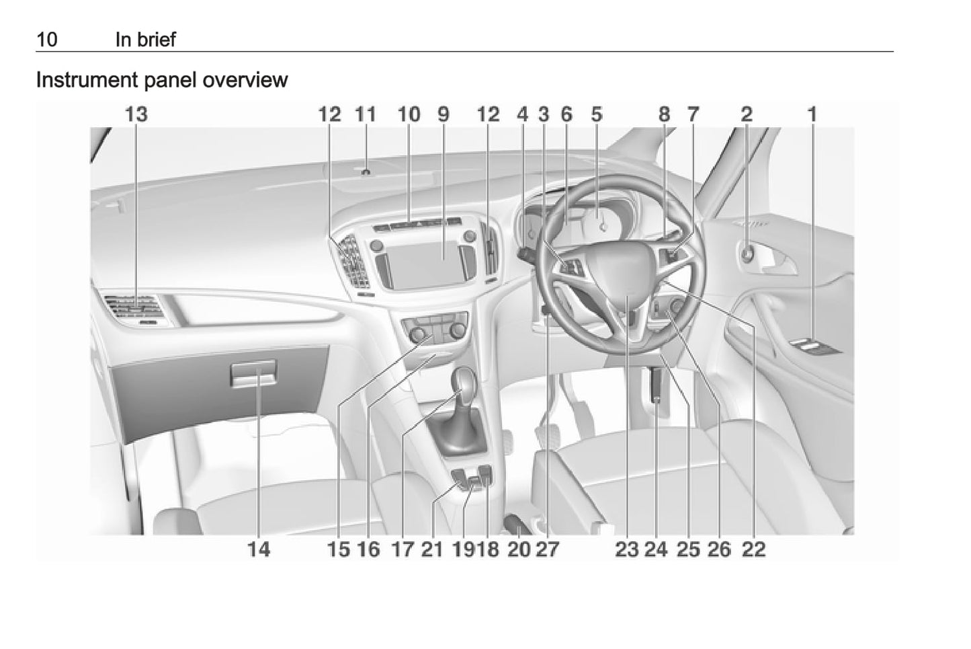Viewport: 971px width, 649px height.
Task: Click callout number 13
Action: coord(136,114)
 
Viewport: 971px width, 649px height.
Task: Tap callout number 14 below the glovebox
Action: coord(259,549)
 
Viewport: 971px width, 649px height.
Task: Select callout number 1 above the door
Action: coord(812,114)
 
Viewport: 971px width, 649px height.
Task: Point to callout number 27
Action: coord(548,549)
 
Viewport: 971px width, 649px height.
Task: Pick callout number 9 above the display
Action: coord(444,114)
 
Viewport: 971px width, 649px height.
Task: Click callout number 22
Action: coord(754,549)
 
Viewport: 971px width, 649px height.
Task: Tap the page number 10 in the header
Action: coord(47,40)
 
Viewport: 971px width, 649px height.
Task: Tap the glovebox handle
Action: coord(253,373)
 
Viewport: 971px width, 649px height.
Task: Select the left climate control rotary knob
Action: coord(417,334)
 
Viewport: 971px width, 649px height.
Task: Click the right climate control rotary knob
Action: coord(458,331)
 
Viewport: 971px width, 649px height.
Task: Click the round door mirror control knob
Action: coord(747,254)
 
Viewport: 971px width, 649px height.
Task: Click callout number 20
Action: coord(519,549)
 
